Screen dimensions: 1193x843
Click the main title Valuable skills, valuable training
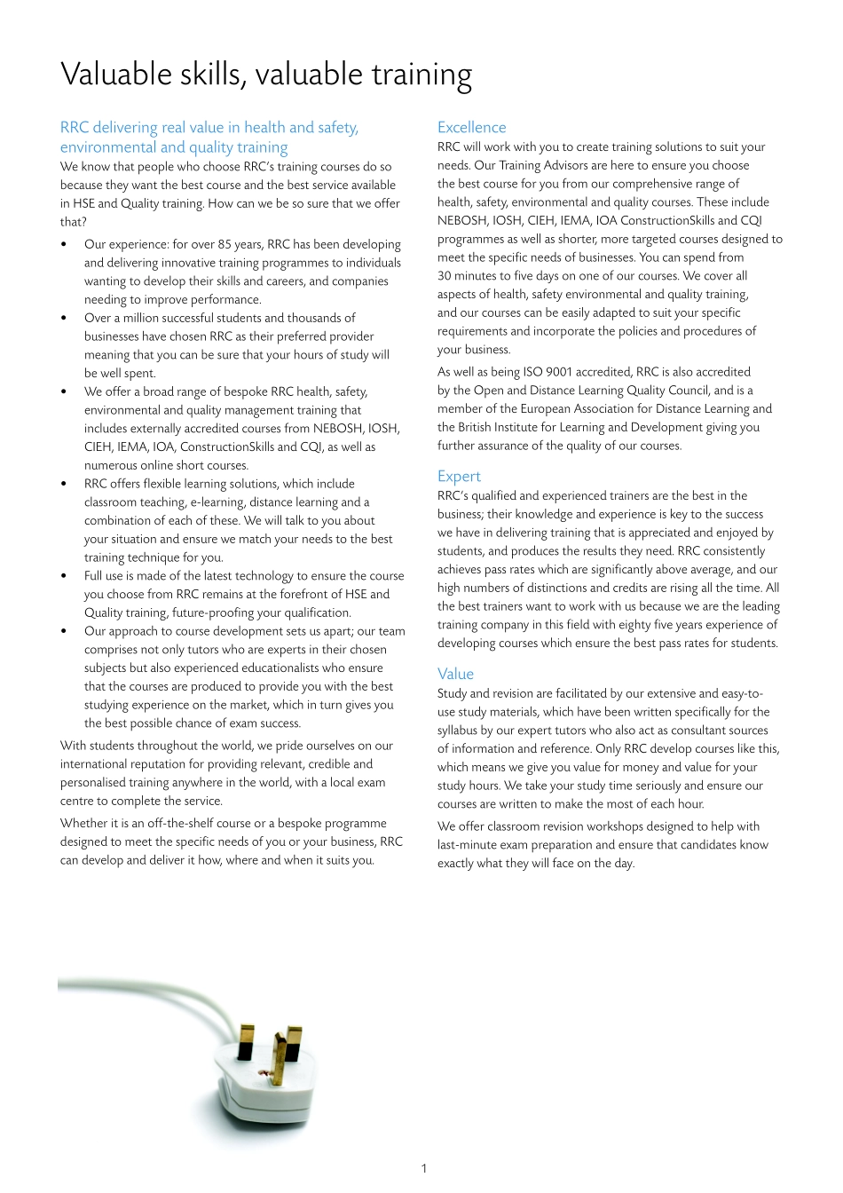(266, 75)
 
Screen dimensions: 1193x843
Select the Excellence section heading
(471, 127)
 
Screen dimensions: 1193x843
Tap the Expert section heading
(459, 476)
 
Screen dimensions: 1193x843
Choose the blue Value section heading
(455, 674)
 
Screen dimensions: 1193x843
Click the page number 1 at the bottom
(423, 1168)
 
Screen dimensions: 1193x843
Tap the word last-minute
(468, 845)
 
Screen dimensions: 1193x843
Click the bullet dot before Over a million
(64, 318)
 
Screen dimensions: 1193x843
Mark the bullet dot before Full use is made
(64, 576)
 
